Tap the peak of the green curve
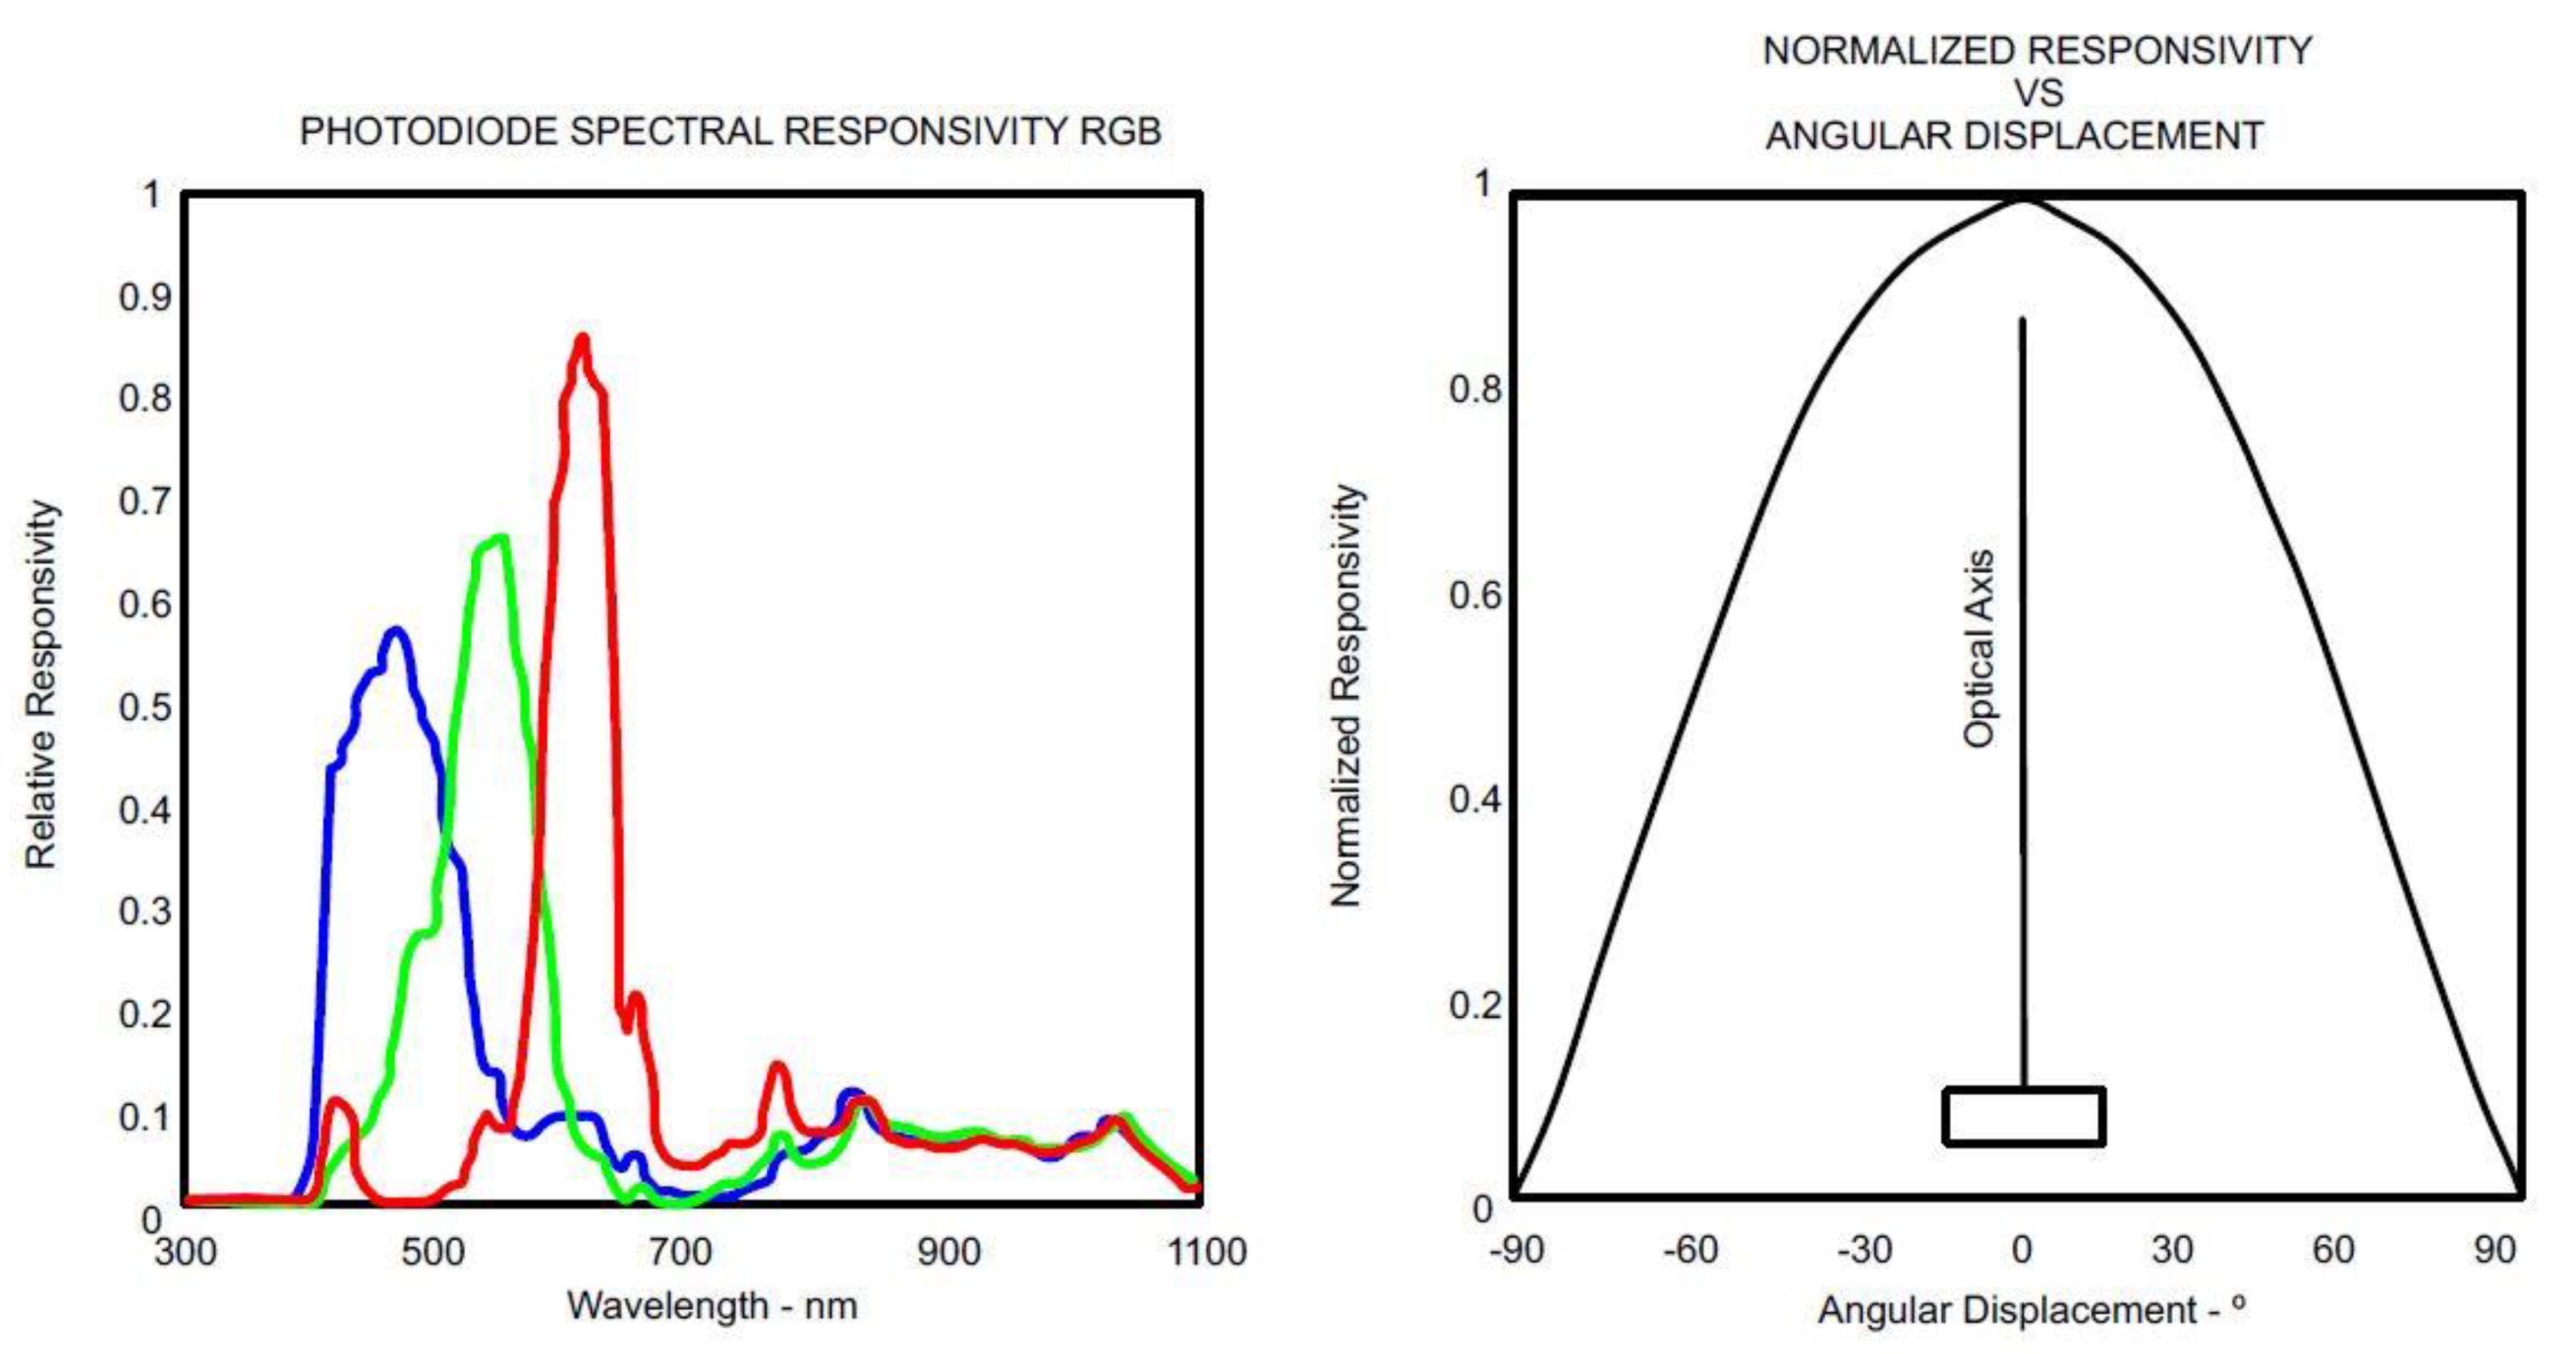click(500, 540)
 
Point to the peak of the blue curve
click(396, 632)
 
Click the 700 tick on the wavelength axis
click(680, 1250)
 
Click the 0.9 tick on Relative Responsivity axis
click(145, 297)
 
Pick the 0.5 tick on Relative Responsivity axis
click(145, 707)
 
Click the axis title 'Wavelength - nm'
click(712, 1305)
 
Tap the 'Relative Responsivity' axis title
click(41, 684)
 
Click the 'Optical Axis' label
click(1978, 649)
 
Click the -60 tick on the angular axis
click(1690, 1248)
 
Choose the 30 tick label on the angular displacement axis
click(2172, 1248)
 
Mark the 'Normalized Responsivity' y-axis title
click(1346, 696)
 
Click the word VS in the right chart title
click(2038, 92)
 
